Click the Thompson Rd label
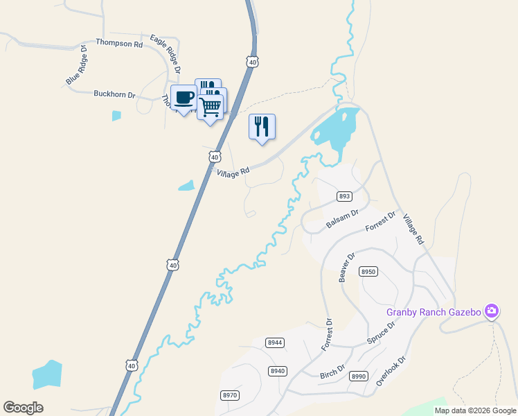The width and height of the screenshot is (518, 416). click(119, 43)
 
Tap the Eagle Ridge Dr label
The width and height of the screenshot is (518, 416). click(166, 54)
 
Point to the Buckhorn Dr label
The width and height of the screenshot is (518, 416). click(114, 94)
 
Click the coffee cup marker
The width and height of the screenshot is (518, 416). click(184, 98)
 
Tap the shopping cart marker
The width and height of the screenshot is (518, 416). click(210, 107)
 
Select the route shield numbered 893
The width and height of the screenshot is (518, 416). click(345, 196)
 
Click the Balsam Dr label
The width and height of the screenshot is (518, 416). click(342, 219)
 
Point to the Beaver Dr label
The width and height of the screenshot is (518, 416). click(346, 266)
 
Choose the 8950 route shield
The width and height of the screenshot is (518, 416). click(368, 272)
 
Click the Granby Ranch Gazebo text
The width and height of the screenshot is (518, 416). click(434, 312)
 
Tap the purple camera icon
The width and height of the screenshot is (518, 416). click(492, 311)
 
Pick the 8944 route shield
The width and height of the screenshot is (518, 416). click(275, 343)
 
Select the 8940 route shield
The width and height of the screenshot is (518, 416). click(278, 371)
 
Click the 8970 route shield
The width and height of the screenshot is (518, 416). click(230, 395)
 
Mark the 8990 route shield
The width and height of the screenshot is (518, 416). click(359, 376)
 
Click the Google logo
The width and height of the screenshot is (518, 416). click(24, 408)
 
